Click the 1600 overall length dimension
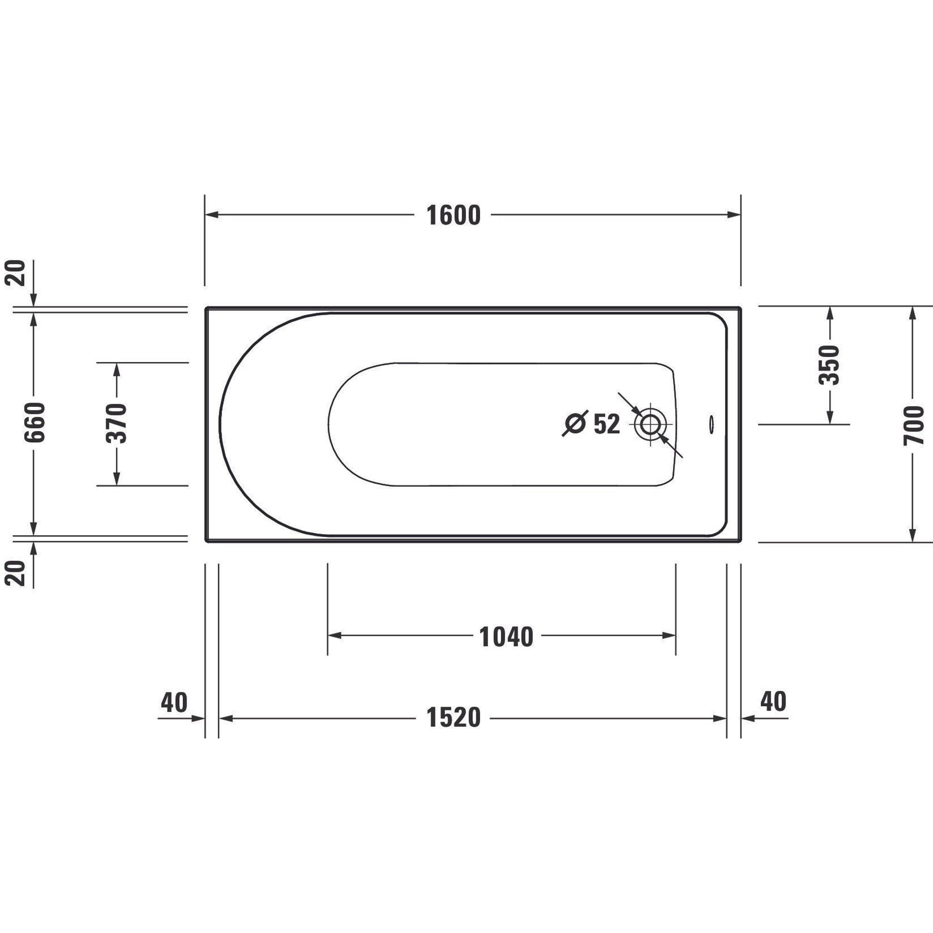[x=453, y=216]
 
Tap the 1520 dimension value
[x=453, y=717]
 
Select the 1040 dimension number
[x=506, y=637]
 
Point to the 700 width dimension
[x=913, y=425]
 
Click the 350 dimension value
[x=829, y=365]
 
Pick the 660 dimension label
[x=35, y=422]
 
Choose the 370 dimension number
[x=116, y=424]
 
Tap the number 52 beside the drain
[x=606, y=425]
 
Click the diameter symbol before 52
[x=575, y=424]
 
